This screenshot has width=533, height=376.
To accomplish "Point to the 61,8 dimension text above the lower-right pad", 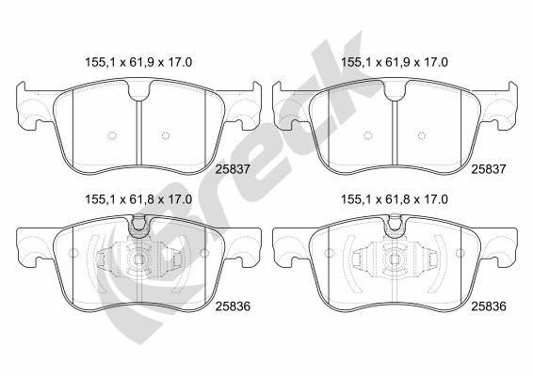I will click(393, 199).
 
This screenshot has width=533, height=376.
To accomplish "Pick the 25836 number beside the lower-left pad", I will click(233, 305).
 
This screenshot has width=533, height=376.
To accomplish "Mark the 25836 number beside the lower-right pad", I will click(490, 305).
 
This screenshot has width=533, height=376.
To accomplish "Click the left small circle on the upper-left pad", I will click(111, 134).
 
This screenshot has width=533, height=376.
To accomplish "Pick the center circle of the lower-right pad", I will click(395, 262).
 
